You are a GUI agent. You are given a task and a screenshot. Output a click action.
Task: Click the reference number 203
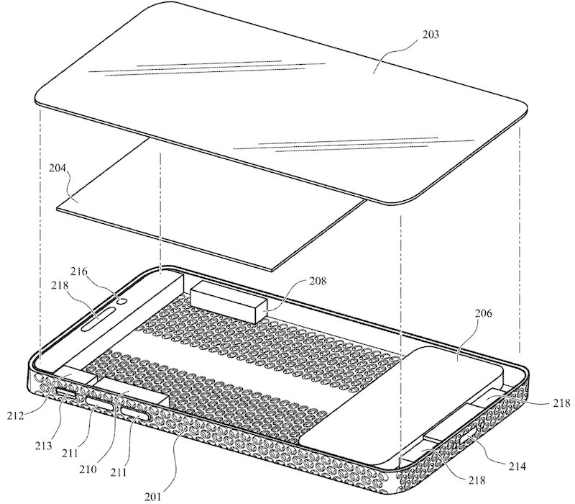(431, 35)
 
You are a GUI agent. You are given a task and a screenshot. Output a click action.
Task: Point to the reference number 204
(57, 168)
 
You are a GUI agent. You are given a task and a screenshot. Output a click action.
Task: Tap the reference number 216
(79, 272)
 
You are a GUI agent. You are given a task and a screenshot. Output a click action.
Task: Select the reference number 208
(316, 282)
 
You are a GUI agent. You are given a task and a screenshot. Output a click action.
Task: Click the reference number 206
(483, 314)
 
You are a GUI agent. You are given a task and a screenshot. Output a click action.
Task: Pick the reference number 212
(15, 416)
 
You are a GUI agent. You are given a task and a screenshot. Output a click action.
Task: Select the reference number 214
(517, 467)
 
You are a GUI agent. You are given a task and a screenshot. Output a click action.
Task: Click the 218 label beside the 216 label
(60, 285)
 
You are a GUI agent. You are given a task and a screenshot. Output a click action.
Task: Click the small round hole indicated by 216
(124, 301)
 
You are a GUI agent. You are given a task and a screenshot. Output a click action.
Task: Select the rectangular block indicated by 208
(229, 301)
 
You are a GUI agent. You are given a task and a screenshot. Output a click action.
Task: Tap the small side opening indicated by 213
(66, 395)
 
